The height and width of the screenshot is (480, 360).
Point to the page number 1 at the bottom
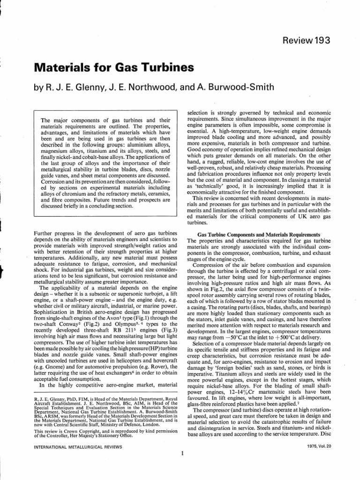(x=181, y=454)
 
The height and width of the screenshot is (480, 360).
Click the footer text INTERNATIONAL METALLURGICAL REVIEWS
(x=75, y=448)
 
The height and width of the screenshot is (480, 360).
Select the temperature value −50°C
(x=220, y=324)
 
